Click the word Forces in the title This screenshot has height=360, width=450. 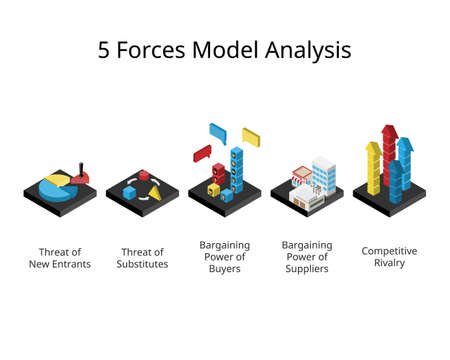point(159,50)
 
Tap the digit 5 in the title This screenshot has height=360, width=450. point(105,50)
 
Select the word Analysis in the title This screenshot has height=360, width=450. point(307,50)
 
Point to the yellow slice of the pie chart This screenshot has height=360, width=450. point(57,179)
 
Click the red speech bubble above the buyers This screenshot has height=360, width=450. point(202,153)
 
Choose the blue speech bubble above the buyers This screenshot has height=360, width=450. point(218,132)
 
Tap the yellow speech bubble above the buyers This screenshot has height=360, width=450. point(250,136)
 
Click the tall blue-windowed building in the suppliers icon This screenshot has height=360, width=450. point(323,173)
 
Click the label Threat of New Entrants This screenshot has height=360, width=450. point(59,258)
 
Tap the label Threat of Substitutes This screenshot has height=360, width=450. point(143,258)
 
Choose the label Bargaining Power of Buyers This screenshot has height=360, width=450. point(224,258)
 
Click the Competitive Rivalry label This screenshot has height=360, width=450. point(389,257)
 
